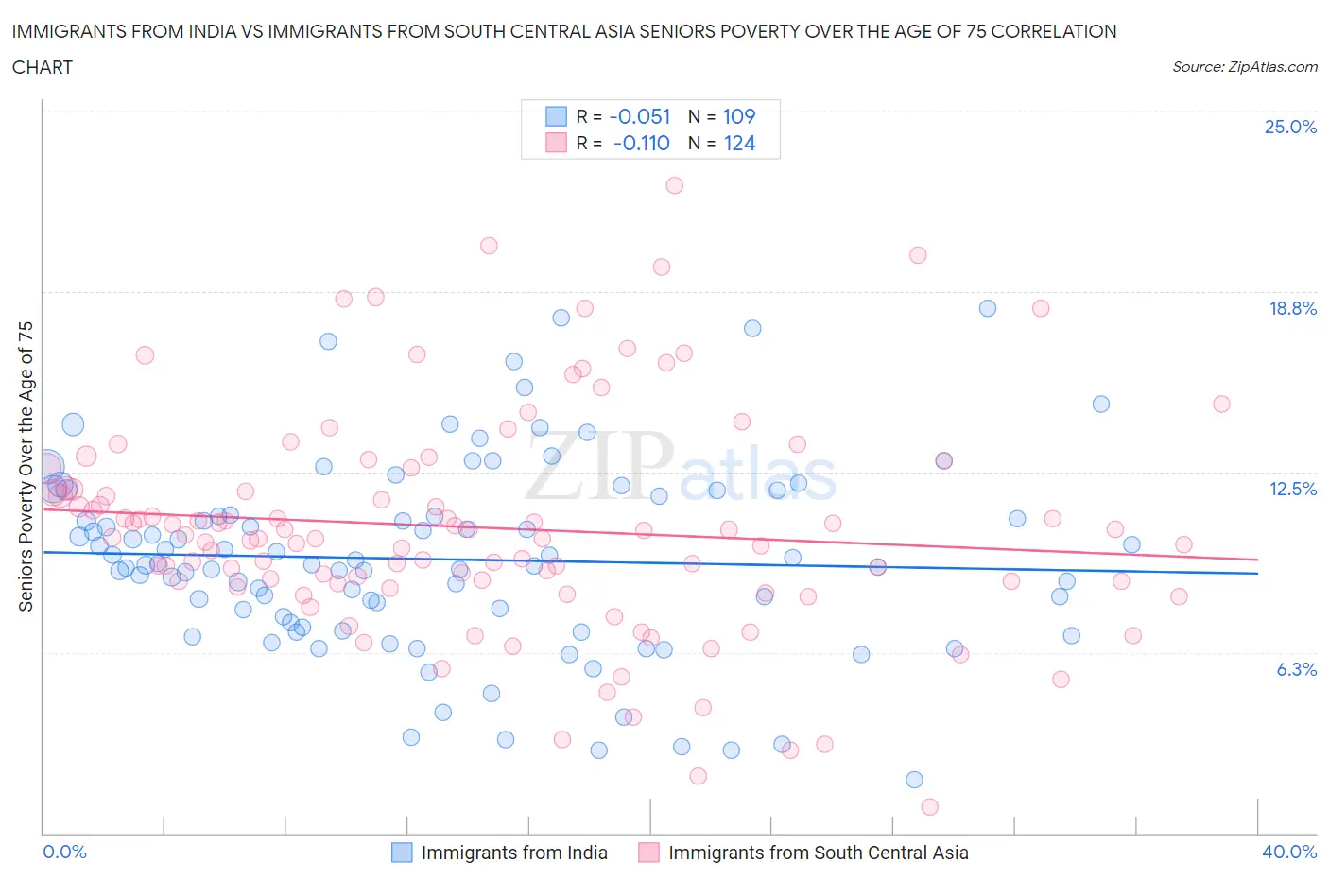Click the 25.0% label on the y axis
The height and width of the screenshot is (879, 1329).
click(x=1290, y=127)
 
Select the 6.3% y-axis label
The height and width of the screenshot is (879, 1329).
click(x=1296, y=669)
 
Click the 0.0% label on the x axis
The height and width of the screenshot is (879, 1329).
click(x=65, y=852)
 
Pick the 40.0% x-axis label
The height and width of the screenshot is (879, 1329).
click(x=1289, y=852)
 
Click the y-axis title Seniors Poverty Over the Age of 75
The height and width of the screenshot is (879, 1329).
click(x=26, y=466)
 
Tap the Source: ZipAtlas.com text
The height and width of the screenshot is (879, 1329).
click(x=1244, y=67)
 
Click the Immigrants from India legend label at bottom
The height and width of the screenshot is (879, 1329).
click(x=514, y=853)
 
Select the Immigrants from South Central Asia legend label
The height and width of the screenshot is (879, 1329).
click(x=818, y=853)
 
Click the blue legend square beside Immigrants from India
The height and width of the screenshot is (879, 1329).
click(x=402, y=853)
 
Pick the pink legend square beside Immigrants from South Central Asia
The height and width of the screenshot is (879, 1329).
click(x=648, y=853)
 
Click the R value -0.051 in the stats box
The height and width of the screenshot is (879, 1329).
click(x=640, y=116)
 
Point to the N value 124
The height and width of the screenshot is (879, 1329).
click(x=738, y=143)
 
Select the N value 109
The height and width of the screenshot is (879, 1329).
click(x=738, y=116)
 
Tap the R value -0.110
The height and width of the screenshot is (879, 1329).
click(x=641, y=143)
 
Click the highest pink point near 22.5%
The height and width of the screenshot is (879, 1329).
click(x=674, y=185)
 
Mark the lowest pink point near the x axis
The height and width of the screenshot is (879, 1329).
click(x=929, y=806)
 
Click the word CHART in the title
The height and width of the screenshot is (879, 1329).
click(x=43, y=67)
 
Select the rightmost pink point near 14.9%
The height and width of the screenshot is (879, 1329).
click(x=1221, y=404)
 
